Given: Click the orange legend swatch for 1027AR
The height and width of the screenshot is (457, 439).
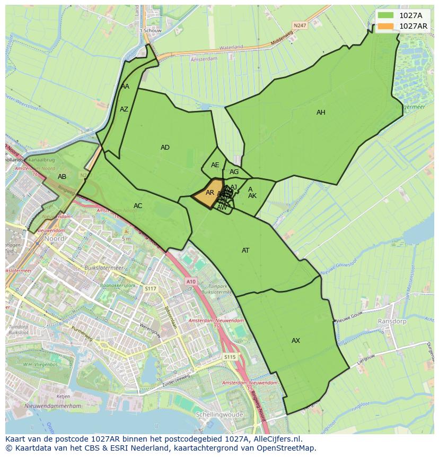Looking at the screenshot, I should (386, 25).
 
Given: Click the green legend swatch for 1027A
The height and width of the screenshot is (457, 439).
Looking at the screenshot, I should (386, 15).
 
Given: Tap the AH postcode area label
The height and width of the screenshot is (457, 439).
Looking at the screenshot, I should (321, 113).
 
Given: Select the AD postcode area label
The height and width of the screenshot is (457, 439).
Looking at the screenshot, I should (165, 148).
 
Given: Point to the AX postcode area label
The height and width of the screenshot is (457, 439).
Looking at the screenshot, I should (296, 341).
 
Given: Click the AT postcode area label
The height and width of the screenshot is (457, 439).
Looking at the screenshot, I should (245, 251).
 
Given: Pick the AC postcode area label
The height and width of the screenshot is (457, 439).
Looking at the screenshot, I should (138, 206).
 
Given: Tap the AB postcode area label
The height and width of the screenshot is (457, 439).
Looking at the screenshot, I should (62, 177).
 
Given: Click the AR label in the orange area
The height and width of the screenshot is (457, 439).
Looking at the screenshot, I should (210, 193).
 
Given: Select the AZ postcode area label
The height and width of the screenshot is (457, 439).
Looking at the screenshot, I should (124, 109).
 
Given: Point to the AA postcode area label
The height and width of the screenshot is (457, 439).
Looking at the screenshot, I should (125, 87).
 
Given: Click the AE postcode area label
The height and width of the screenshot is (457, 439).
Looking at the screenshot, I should (215, 165).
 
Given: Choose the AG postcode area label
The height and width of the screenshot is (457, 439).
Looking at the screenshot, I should (234, 172).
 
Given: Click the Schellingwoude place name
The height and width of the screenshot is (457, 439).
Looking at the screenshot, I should (219, 415).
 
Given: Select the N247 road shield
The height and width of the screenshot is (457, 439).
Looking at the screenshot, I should (301, 25).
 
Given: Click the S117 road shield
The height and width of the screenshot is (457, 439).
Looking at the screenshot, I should (151, 288).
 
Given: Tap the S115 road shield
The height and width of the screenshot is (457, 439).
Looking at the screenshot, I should (230, 357).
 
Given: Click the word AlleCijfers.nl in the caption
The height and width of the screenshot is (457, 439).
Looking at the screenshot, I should (276, 439).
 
